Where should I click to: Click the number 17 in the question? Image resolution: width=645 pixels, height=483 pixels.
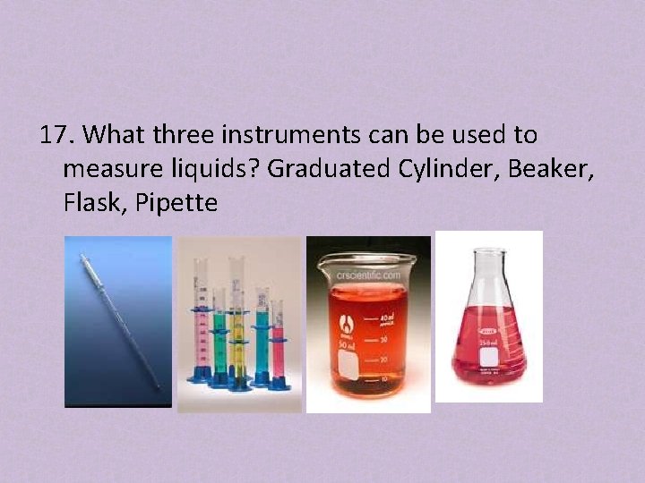(57, 136)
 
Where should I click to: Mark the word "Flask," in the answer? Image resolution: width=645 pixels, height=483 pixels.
(94, 204)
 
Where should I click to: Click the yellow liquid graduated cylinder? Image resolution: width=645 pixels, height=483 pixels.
(237, 326)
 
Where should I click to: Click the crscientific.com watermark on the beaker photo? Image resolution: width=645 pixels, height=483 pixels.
(368, 275)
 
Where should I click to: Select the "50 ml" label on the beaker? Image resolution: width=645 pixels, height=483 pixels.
(346, 345)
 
